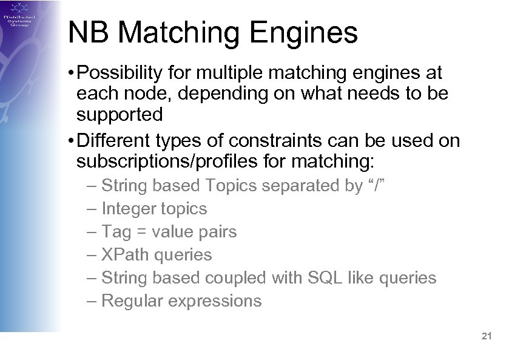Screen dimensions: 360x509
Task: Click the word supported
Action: (x=120, y=114)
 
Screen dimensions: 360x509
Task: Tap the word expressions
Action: (x=218, y=301)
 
